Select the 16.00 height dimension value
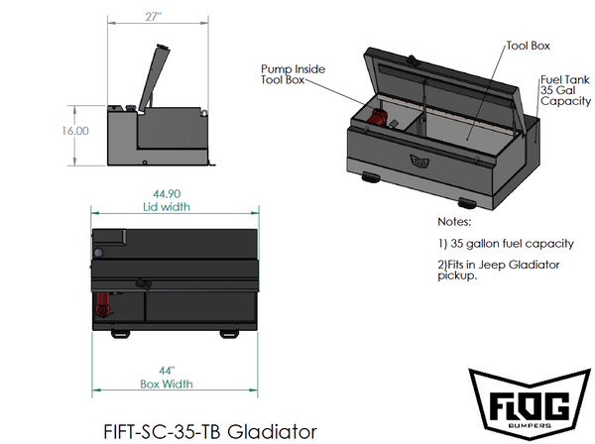pyautogui.click(x=75, y=131)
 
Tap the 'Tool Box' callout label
pyautogui.click(x=528, y=45)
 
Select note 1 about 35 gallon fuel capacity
pyautogui.click(x=505, y=243)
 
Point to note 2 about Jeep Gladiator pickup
pyautogui.click(x=497, y=271)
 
